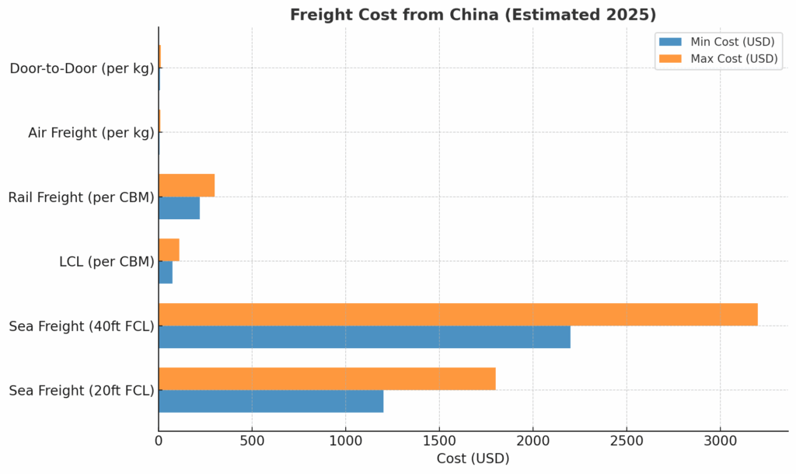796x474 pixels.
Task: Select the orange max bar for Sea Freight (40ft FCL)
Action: pos(458,315)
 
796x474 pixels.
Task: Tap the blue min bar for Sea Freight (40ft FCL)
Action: pos(364,336)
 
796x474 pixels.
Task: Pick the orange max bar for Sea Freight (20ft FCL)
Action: pos(326,379)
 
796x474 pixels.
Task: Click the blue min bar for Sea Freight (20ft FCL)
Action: pos(271,401)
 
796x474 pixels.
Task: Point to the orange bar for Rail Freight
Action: pos(187,186)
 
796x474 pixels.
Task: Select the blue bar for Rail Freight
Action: pos(179,207)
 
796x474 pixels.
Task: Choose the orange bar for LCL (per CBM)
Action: pos(169,250)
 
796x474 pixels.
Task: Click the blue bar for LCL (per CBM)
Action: pos(166,272)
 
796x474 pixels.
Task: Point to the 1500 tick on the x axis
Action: pos(439,440)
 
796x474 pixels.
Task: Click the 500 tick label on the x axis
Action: pos(252,440)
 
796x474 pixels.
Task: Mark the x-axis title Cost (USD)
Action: pos(473,458)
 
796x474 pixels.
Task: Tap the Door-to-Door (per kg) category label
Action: pos(82,68)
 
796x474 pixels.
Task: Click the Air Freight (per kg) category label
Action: pos(91,133)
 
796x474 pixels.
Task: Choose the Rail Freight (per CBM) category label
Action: pos(81,197)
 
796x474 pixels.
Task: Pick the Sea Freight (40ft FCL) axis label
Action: pos(82,326)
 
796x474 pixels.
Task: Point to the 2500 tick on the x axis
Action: pos(627,440)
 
